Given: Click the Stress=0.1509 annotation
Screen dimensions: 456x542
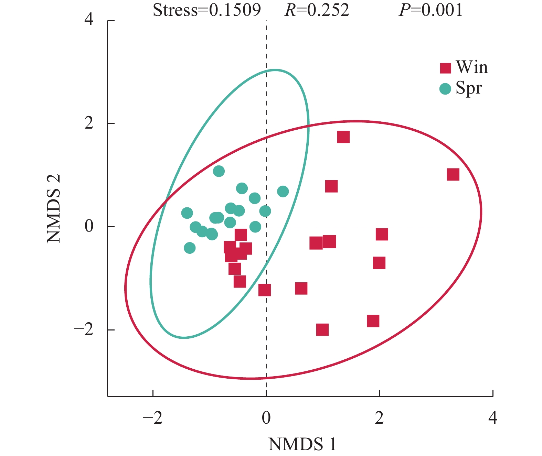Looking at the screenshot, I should point(207,10).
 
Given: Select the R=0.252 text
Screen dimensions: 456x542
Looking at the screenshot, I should point(317,10).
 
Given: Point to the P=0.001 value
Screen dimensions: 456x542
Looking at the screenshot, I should point(431,10).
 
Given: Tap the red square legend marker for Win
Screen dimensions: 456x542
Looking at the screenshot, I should point(446,68).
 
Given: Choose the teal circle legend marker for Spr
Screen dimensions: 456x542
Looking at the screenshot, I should point(445,89).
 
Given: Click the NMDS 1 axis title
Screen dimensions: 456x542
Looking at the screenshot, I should point(302,444).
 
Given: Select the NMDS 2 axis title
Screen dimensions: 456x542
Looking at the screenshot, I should point(54,208).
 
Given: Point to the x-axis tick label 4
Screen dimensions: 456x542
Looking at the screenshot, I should point(493,418).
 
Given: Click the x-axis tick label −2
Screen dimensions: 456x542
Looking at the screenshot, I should point(152,418).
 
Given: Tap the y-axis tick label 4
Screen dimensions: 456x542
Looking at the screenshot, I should point(89,20).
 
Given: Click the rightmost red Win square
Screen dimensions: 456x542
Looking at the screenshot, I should point(453,174).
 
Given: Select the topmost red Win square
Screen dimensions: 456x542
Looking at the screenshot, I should point(343,137).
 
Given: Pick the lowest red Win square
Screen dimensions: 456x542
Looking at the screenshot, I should point(322,329).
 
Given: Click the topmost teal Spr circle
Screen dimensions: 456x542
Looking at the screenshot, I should point(219,171).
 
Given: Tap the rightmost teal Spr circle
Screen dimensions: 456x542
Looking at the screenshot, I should point(283,192).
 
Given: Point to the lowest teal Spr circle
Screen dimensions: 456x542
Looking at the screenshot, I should point(190,248).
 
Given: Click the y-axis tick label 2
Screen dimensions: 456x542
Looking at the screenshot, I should point(89,123).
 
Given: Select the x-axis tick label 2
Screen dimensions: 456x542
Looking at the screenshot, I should point(379,418).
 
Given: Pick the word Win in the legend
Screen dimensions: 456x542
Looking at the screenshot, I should point(472,67).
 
